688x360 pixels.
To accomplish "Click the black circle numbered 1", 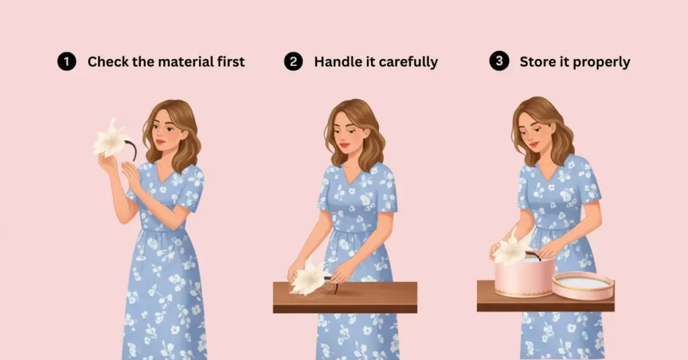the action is point(67,61).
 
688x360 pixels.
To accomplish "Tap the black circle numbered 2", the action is point(293,61).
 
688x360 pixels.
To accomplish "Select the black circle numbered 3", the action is point(499,61).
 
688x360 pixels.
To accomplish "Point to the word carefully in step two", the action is point(408,62).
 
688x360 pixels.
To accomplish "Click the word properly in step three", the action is point(601,62).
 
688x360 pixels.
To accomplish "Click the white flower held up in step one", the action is point(111,139).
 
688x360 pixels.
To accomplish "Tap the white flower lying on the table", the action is point(308,277).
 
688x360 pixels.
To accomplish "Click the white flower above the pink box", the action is point(511,249).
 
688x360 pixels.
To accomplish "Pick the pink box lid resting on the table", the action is point(583,286).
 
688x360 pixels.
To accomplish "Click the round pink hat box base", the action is point(524,277).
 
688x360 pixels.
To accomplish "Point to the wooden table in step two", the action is point(345,298).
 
